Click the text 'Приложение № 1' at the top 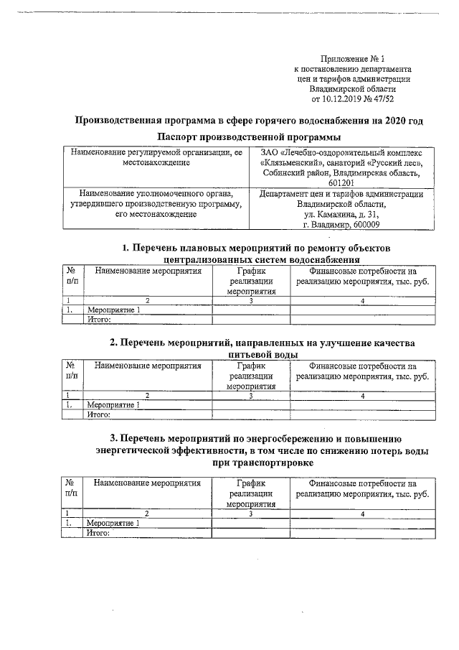(x=354, y=57)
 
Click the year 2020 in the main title (x=384, y=120)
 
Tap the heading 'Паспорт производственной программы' (x=249, y=137)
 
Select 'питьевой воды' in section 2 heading (x=261, y=355)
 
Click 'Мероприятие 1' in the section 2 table (x=113, y=405)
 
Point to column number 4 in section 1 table (x=363, y=300)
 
